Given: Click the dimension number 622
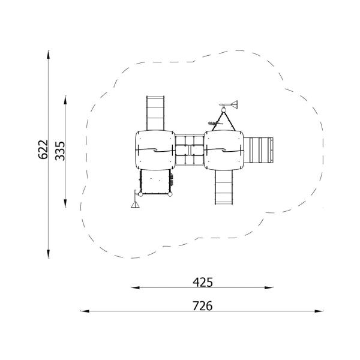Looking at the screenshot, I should pyautogui.click(x=43, y=150).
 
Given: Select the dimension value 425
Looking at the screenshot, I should pyautogui.click(x=203, y=281).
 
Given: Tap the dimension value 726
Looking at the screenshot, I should pyautogui.click(x=203, y=305).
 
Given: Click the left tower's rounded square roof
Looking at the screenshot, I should pyautogui.click(x=154, y=150).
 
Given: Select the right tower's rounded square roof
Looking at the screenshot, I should pyautogui.click(x=224, y=150).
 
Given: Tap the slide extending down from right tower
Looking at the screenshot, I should pyautogui.click(x=224, y=187).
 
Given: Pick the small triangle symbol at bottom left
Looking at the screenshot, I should pyautogui.click(x=135, y=205).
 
